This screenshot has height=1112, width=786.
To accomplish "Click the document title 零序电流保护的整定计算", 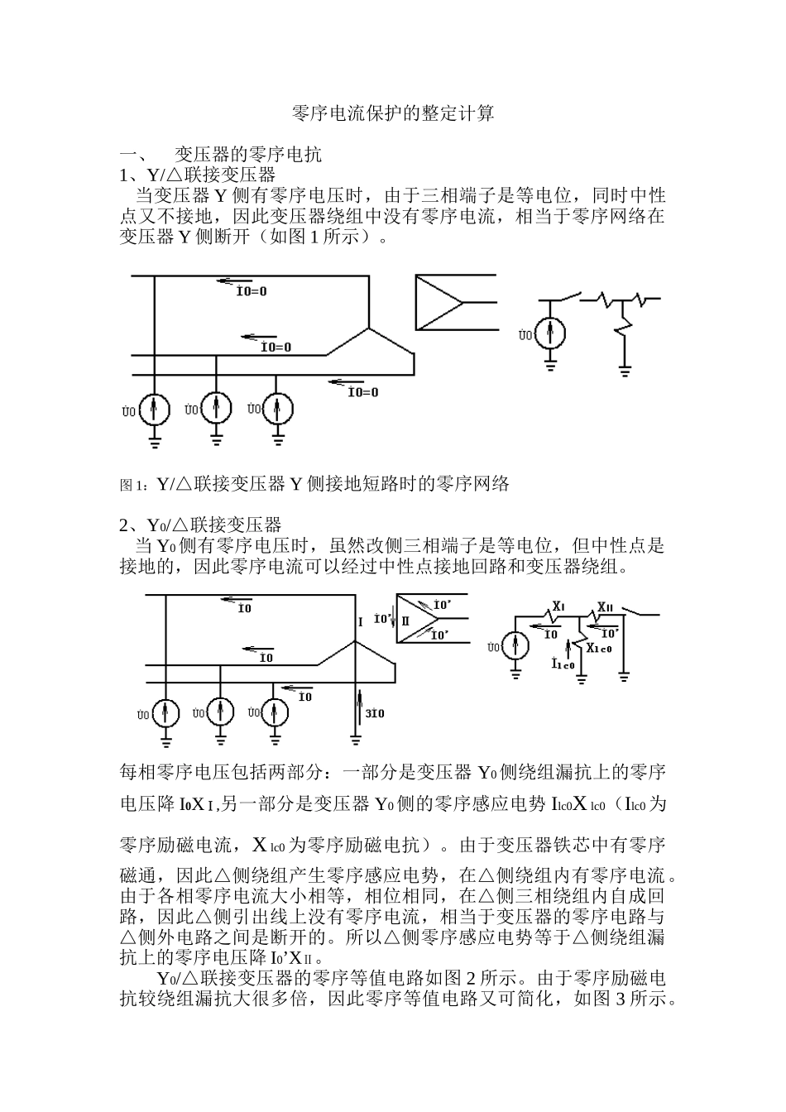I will pyautogui.click(x=393, y=113).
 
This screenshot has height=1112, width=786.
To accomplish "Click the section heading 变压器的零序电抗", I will pyautogui.click(x=248, y=154).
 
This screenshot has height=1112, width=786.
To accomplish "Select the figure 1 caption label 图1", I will pyautogui.click(x=132, y=485).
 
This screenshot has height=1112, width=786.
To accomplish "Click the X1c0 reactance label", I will pyautogui.click(x=599, y=649).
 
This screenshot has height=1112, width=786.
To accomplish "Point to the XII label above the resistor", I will pyautogui.click(x=605, y=606).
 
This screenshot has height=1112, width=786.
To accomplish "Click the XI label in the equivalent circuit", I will pyautogui.click(x=558, y=606).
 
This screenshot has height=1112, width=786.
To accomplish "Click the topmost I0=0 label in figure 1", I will pyautogui.click(x=252, y=291).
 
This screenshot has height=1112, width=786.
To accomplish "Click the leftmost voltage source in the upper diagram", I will pyautogui.click(x=154, y=410).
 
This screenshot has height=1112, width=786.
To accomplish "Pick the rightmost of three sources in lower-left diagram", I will pyautogui.click(x=277, y=711).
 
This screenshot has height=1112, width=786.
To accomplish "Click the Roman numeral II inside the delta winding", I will pyautogui.click(x=405, y=619).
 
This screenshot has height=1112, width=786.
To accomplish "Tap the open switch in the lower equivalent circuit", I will pyautogui.click(x=642, y=612).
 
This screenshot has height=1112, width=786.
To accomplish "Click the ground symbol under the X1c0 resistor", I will pyautogui.click(x=582, y=680).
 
